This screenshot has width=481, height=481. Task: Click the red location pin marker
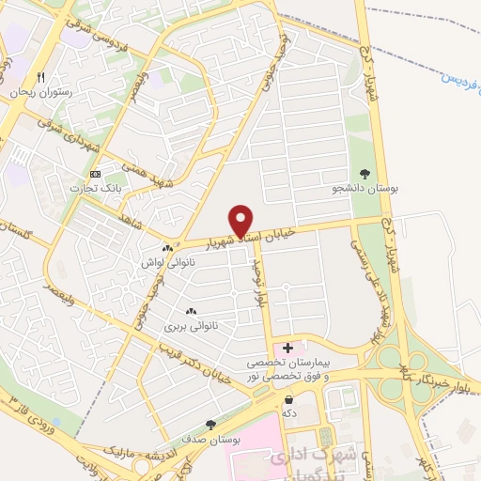pos(241,220)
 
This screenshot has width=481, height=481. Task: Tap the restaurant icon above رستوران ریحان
pos(40,77)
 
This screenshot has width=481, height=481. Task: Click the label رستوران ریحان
pos(41,94)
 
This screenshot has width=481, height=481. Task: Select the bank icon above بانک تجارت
pos(95,174)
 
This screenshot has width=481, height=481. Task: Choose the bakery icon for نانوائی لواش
pos(167,248)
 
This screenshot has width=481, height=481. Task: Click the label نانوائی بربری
pos(192,327)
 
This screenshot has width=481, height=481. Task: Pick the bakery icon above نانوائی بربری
pos(192,311)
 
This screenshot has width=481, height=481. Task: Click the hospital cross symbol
pos(287,349)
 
